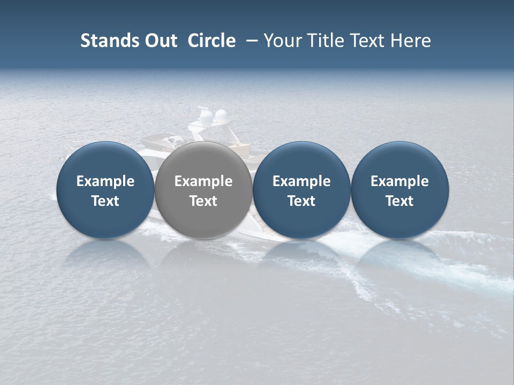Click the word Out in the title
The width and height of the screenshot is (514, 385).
tap(160, 41)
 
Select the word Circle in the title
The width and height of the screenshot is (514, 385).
tap(211, 41)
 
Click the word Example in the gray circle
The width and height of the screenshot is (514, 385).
tap(203, 181)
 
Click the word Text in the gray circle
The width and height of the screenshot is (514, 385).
tap(203, 201)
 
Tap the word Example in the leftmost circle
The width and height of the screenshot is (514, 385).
tap(105, 181)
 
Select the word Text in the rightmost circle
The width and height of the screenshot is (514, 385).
tap(399, 201)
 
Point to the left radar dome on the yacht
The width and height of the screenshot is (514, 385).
tap(205, 116)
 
